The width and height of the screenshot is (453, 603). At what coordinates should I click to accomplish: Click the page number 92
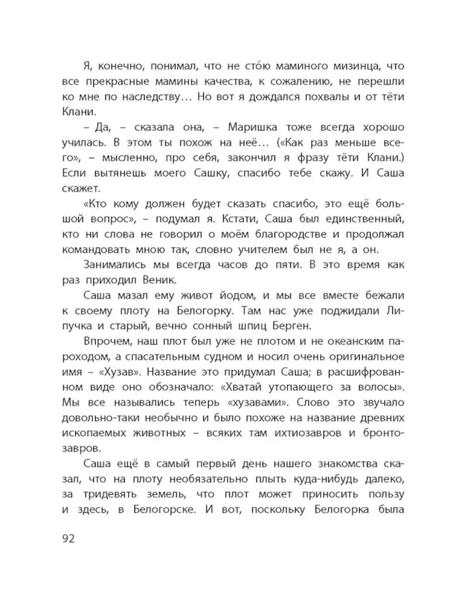tap(68, 538)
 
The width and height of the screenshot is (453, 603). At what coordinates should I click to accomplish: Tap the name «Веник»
tap(159, 280)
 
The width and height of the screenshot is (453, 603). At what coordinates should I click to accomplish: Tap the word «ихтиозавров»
tap(308, 433)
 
